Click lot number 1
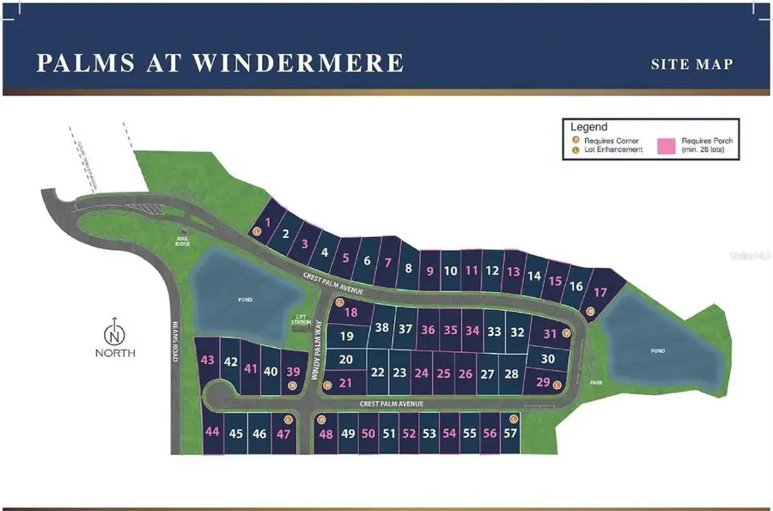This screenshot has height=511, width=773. (268, 223)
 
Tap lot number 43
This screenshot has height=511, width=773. (207, 361)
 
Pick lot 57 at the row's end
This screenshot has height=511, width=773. (510, 434)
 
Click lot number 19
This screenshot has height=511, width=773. (347, 337)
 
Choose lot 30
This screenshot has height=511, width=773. (548, 359)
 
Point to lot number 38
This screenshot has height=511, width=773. (382, 328)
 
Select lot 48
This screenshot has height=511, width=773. (326, 434)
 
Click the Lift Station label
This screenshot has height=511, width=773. (301, 319)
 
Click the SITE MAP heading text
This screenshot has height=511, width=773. (692, 64)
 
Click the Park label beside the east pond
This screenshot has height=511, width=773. (597, 383)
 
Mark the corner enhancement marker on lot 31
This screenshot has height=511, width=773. (567, 333)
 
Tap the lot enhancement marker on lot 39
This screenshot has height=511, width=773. (293, 386)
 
